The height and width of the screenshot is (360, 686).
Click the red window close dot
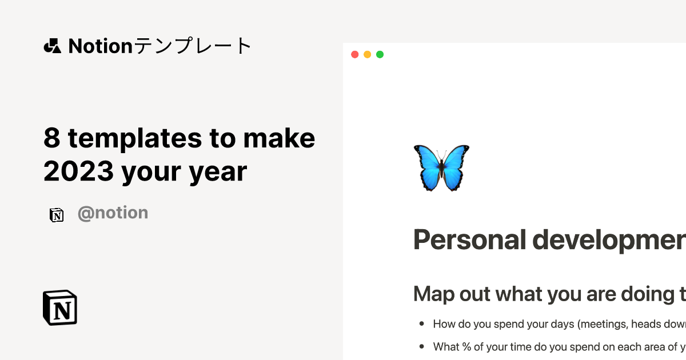tap(354, 54)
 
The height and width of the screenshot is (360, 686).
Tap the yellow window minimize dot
tap(367, 54)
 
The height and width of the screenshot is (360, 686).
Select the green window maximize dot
tap(380, 54)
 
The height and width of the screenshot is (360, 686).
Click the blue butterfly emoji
tap(441, 167)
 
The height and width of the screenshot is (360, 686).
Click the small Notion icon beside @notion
tap(57, 215)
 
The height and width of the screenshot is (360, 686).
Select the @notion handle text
tap(113, 213)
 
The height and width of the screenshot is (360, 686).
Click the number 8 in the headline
tap(51, 138)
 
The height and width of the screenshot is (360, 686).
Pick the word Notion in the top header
tap(101, 46)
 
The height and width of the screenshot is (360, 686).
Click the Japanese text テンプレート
tap(193, 46)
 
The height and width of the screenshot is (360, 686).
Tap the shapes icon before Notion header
tap(53, 46)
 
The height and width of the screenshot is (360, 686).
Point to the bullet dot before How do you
tap(422, 324)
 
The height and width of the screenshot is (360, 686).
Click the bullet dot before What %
tap(422, 346)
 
